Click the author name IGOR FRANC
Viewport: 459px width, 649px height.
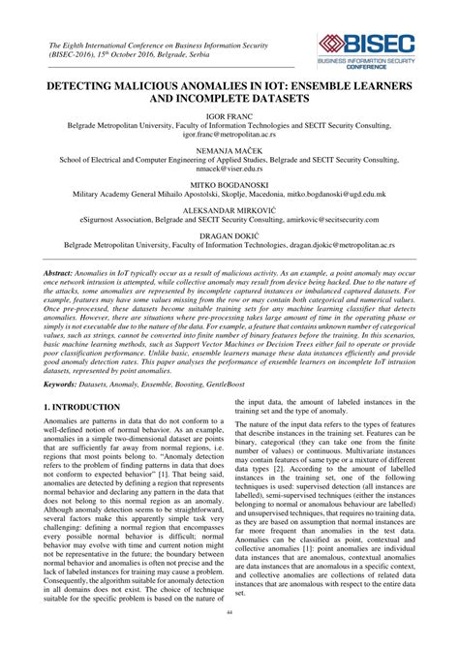[229, 115]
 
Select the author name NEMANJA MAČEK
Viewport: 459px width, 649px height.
[229, 150]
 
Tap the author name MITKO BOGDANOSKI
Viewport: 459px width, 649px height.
[229, 184]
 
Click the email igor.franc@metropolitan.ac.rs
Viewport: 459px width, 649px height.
[229, 137]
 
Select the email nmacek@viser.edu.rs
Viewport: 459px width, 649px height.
[229, 170]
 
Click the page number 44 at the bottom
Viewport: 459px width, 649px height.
[229, 640]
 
